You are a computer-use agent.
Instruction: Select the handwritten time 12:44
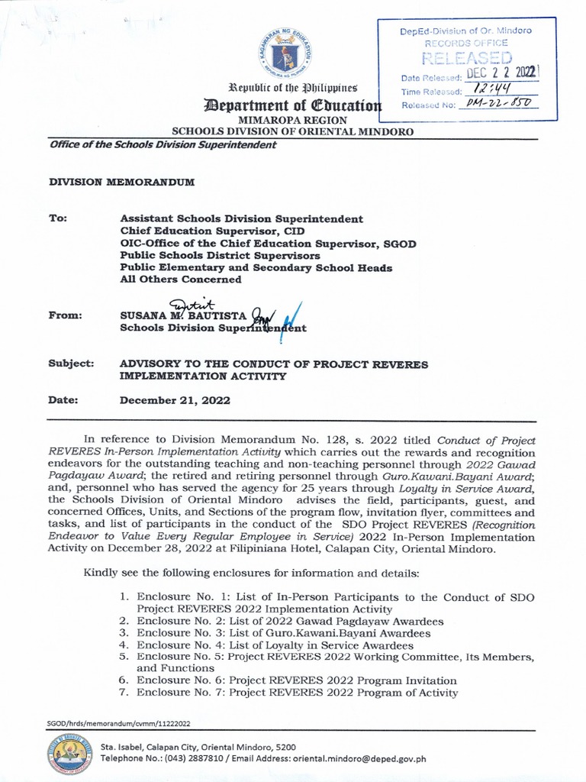click(491, 90)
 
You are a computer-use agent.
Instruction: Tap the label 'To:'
click(59, 218)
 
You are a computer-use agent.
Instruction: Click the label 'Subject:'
click(71, 364)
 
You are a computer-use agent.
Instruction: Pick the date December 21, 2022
click(175, 400)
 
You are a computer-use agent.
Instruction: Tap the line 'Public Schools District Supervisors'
click(220, 255)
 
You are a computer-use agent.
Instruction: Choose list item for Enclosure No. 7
click(297, 693)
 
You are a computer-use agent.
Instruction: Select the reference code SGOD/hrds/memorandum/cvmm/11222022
click(119, 722)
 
